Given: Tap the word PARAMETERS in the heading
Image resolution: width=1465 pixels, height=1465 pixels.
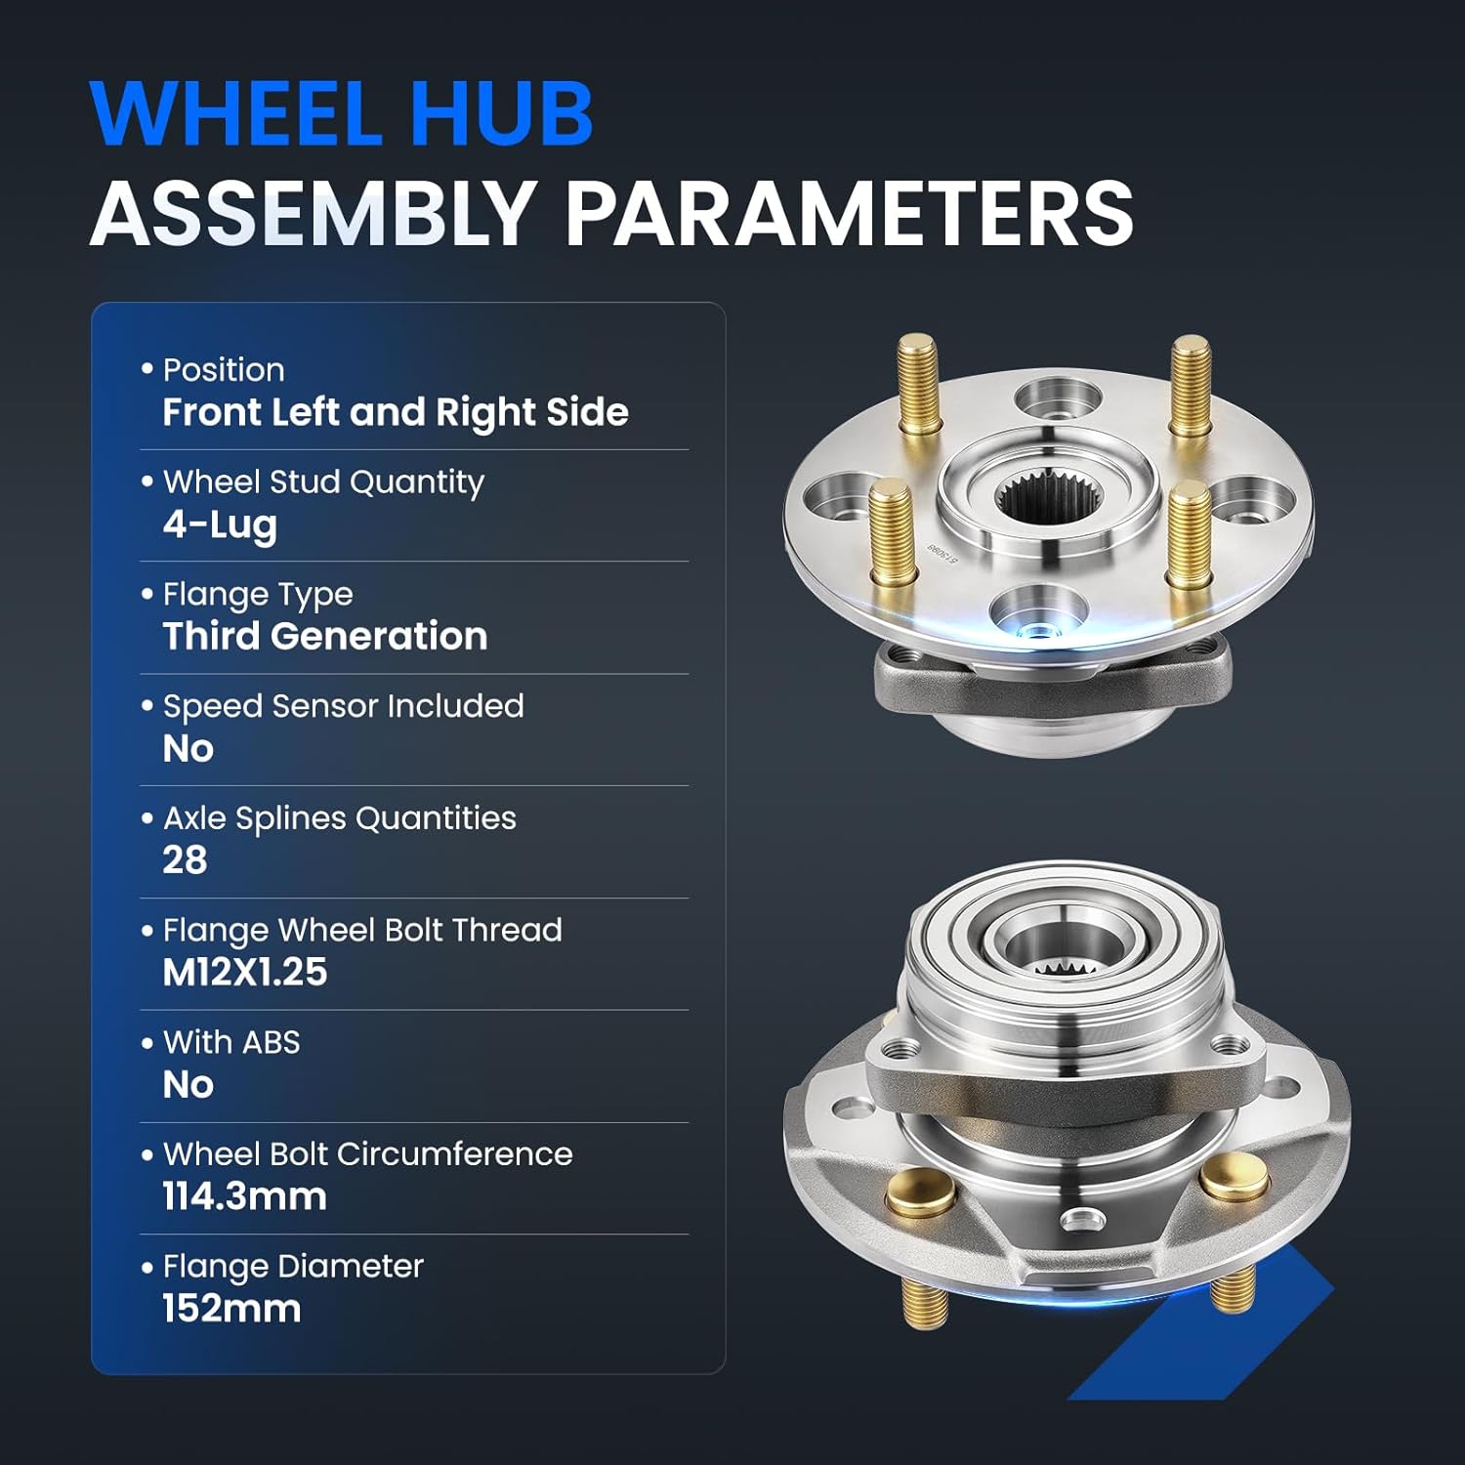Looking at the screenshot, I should (849, 214).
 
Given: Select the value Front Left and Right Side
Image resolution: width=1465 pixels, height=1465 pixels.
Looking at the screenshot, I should (396, 412).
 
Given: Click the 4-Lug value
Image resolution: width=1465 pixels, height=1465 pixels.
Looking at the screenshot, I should (220, 524).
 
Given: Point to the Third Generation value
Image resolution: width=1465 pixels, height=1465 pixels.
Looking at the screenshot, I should (324, 637).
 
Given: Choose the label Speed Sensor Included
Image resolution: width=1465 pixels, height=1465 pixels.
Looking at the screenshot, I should (343, 706).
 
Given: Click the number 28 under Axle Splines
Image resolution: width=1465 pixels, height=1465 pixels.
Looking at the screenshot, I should (185, 860).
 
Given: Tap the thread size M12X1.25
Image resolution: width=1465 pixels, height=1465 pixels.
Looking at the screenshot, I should (244, 973).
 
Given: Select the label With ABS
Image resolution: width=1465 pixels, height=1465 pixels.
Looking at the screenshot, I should (231, 1042).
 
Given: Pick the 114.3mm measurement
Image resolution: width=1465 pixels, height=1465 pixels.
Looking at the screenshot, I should (244, 1196).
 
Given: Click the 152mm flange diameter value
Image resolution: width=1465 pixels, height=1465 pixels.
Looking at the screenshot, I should (231, 1309).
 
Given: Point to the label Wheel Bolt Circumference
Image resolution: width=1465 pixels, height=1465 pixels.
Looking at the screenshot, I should (367, 1154).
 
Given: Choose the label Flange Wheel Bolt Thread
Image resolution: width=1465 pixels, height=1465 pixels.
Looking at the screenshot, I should (362, 930).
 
